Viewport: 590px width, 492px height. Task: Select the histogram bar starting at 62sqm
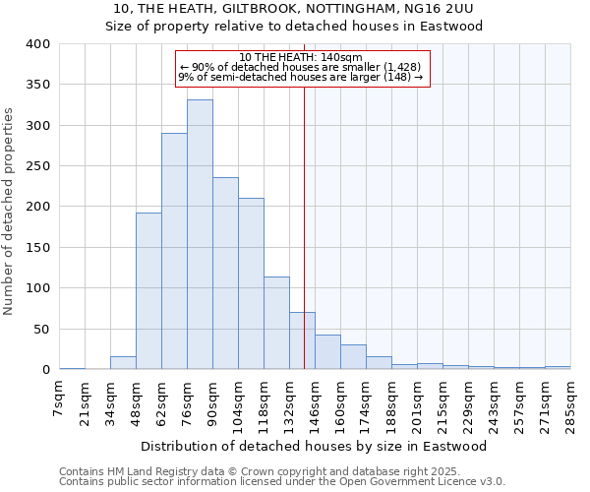tap(174, 251)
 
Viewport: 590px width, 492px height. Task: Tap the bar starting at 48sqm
tap(148, 291)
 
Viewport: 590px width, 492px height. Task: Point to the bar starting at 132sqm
tap(302, 340)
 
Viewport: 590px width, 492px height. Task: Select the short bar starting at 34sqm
tap(123, 363)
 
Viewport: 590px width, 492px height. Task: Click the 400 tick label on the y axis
tap(38, 44)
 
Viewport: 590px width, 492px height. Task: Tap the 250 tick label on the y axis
tap(38, 166)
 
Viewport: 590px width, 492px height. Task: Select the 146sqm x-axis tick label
tap(316, 401)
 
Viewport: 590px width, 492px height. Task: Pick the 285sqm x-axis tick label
tap(570, 401)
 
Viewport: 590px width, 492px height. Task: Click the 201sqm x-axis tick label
tap(418, 401)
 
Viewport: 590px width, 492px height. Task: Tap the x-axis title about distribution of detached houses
tap(314, 446)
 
